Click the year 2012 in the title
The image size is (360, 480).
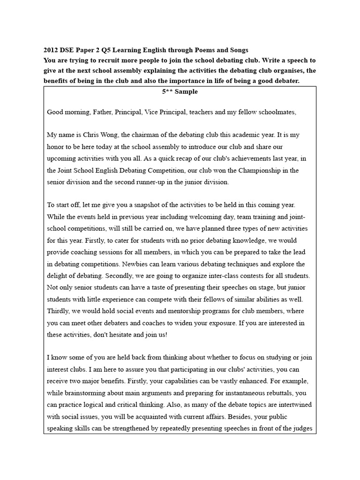click(51, 50)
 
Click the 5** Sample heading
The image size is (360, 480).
click(180, 91)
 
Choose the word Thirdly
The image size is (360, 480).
click(59, 311)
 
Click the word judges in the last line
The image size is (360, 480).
click(301, 428)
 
